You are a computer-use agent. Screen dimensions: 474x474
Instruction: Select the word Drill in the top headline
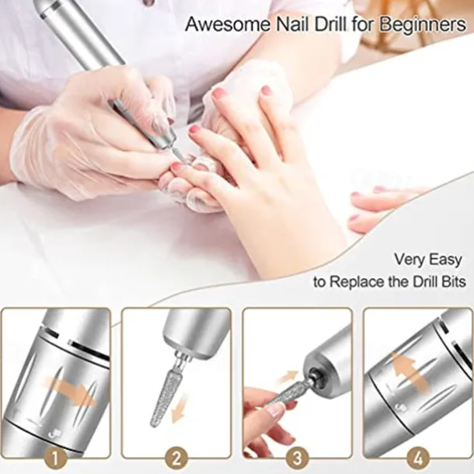(x=320, y=24)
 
